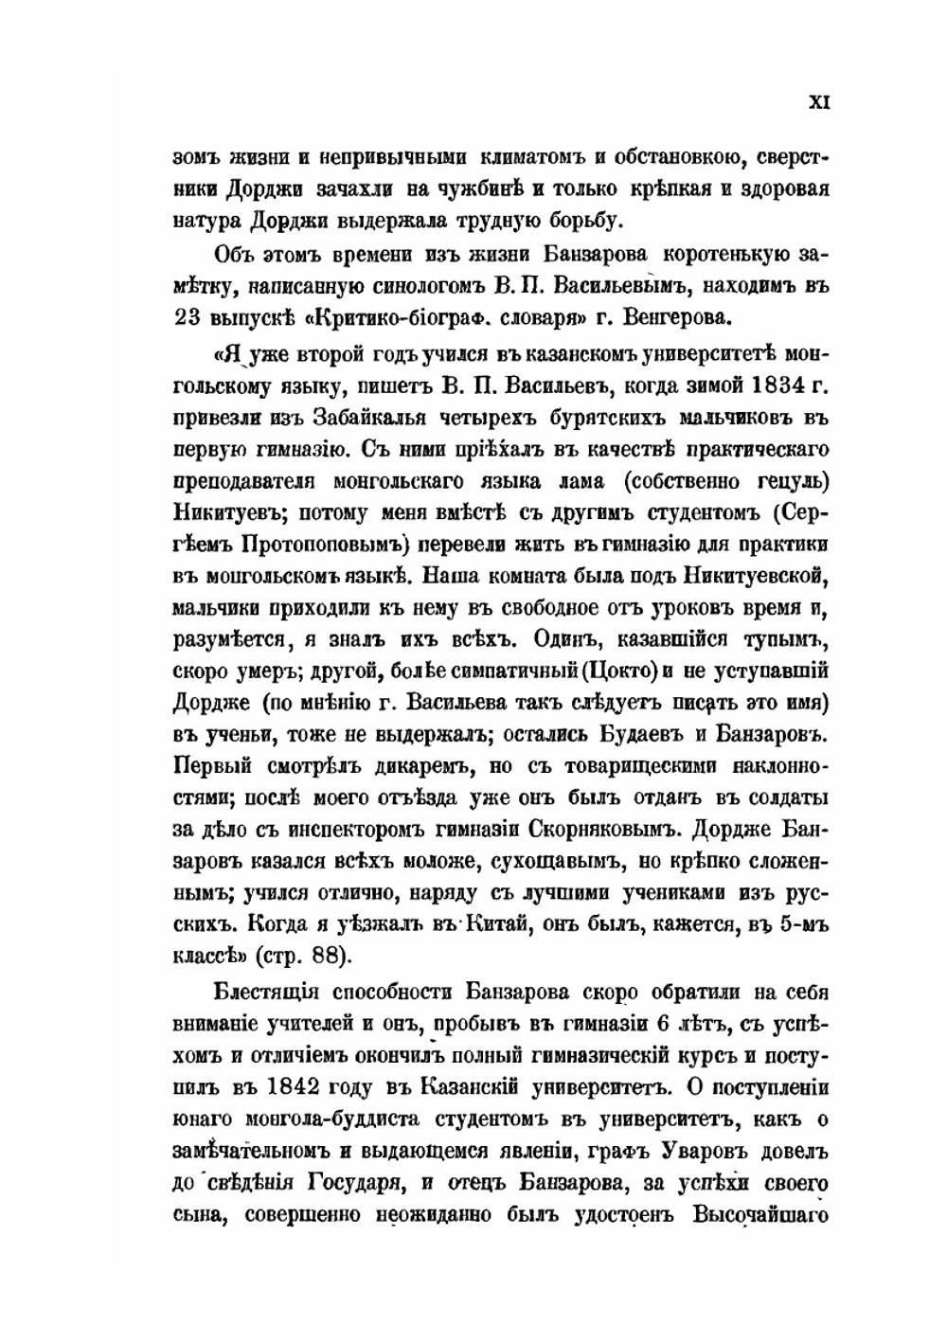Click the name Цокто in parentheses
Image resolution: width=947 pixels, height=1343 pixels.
[618, 671]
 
